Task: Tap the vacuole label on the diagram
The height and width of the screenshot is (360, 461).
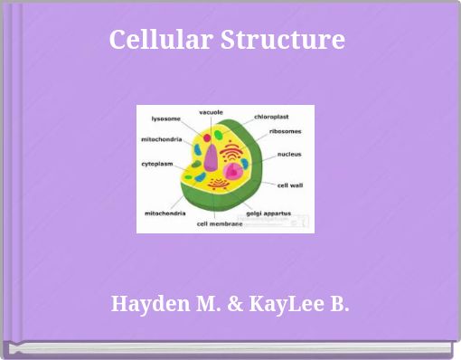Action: tap(211, 111)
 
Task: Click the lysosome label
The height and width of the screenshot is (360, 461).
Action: tap(165, 118)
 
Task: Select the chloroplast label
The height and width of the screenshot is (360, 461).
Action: tap(271, 117)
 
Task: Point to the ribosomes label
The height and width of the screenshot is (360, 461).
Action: tap(285, 131)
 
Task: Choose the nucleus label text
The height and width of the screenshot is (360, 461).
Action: tap(289, 155)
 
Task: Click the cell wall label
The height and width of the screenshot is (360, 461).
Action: tap(289, 185)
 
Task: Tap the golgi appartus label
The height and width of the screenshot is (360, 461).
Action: tap(268, 213)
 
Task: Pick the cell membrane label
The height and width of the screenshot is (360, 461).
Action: tap(220, 223)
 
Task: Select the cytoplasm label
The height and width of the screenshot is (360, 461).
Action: tap(157, 164)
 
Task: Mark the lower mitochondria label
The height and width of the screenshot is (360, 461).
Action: tap(165, 213)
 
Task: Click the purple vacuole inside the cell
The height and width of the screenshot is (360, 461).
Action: tap(211, 157)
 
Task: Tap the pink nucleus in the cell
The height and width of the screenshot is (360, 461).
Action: tap(234, 169)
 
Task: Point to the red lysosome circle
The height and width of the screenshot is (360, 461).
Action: tap(207, 137)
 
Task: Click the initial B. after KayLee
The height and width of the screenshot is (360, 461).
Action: tap(338, 304)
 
